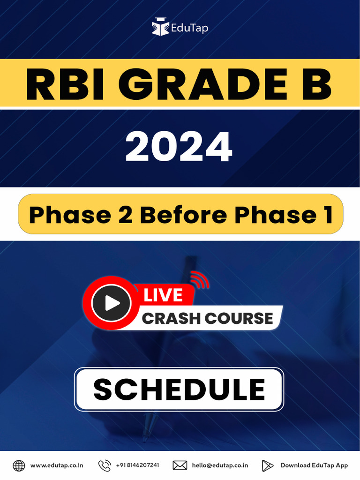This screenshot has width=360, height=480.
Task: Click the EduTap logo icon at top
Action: point(160,27)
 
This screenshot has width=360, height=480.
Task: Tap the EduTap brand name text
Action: point(189,28)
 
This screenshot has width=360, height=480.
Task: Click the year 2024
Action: point(179,147)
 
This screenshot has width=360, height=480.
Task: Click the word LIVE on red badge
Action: point(163,295)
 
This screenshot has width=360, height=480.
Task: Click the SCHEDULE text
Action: point(179,390)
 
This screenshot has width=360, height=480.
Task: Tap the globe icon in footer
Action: point(19,465)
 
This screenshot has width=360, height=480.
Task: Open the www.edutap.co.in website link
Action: point(57,465)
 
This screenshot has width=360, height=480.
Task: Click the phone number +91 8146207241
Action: point(137,465)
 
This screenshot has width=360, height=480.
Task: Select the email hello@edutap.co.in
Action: point(220,465)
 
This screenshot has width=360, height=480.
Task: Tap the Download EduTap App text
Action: point(314,465)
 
